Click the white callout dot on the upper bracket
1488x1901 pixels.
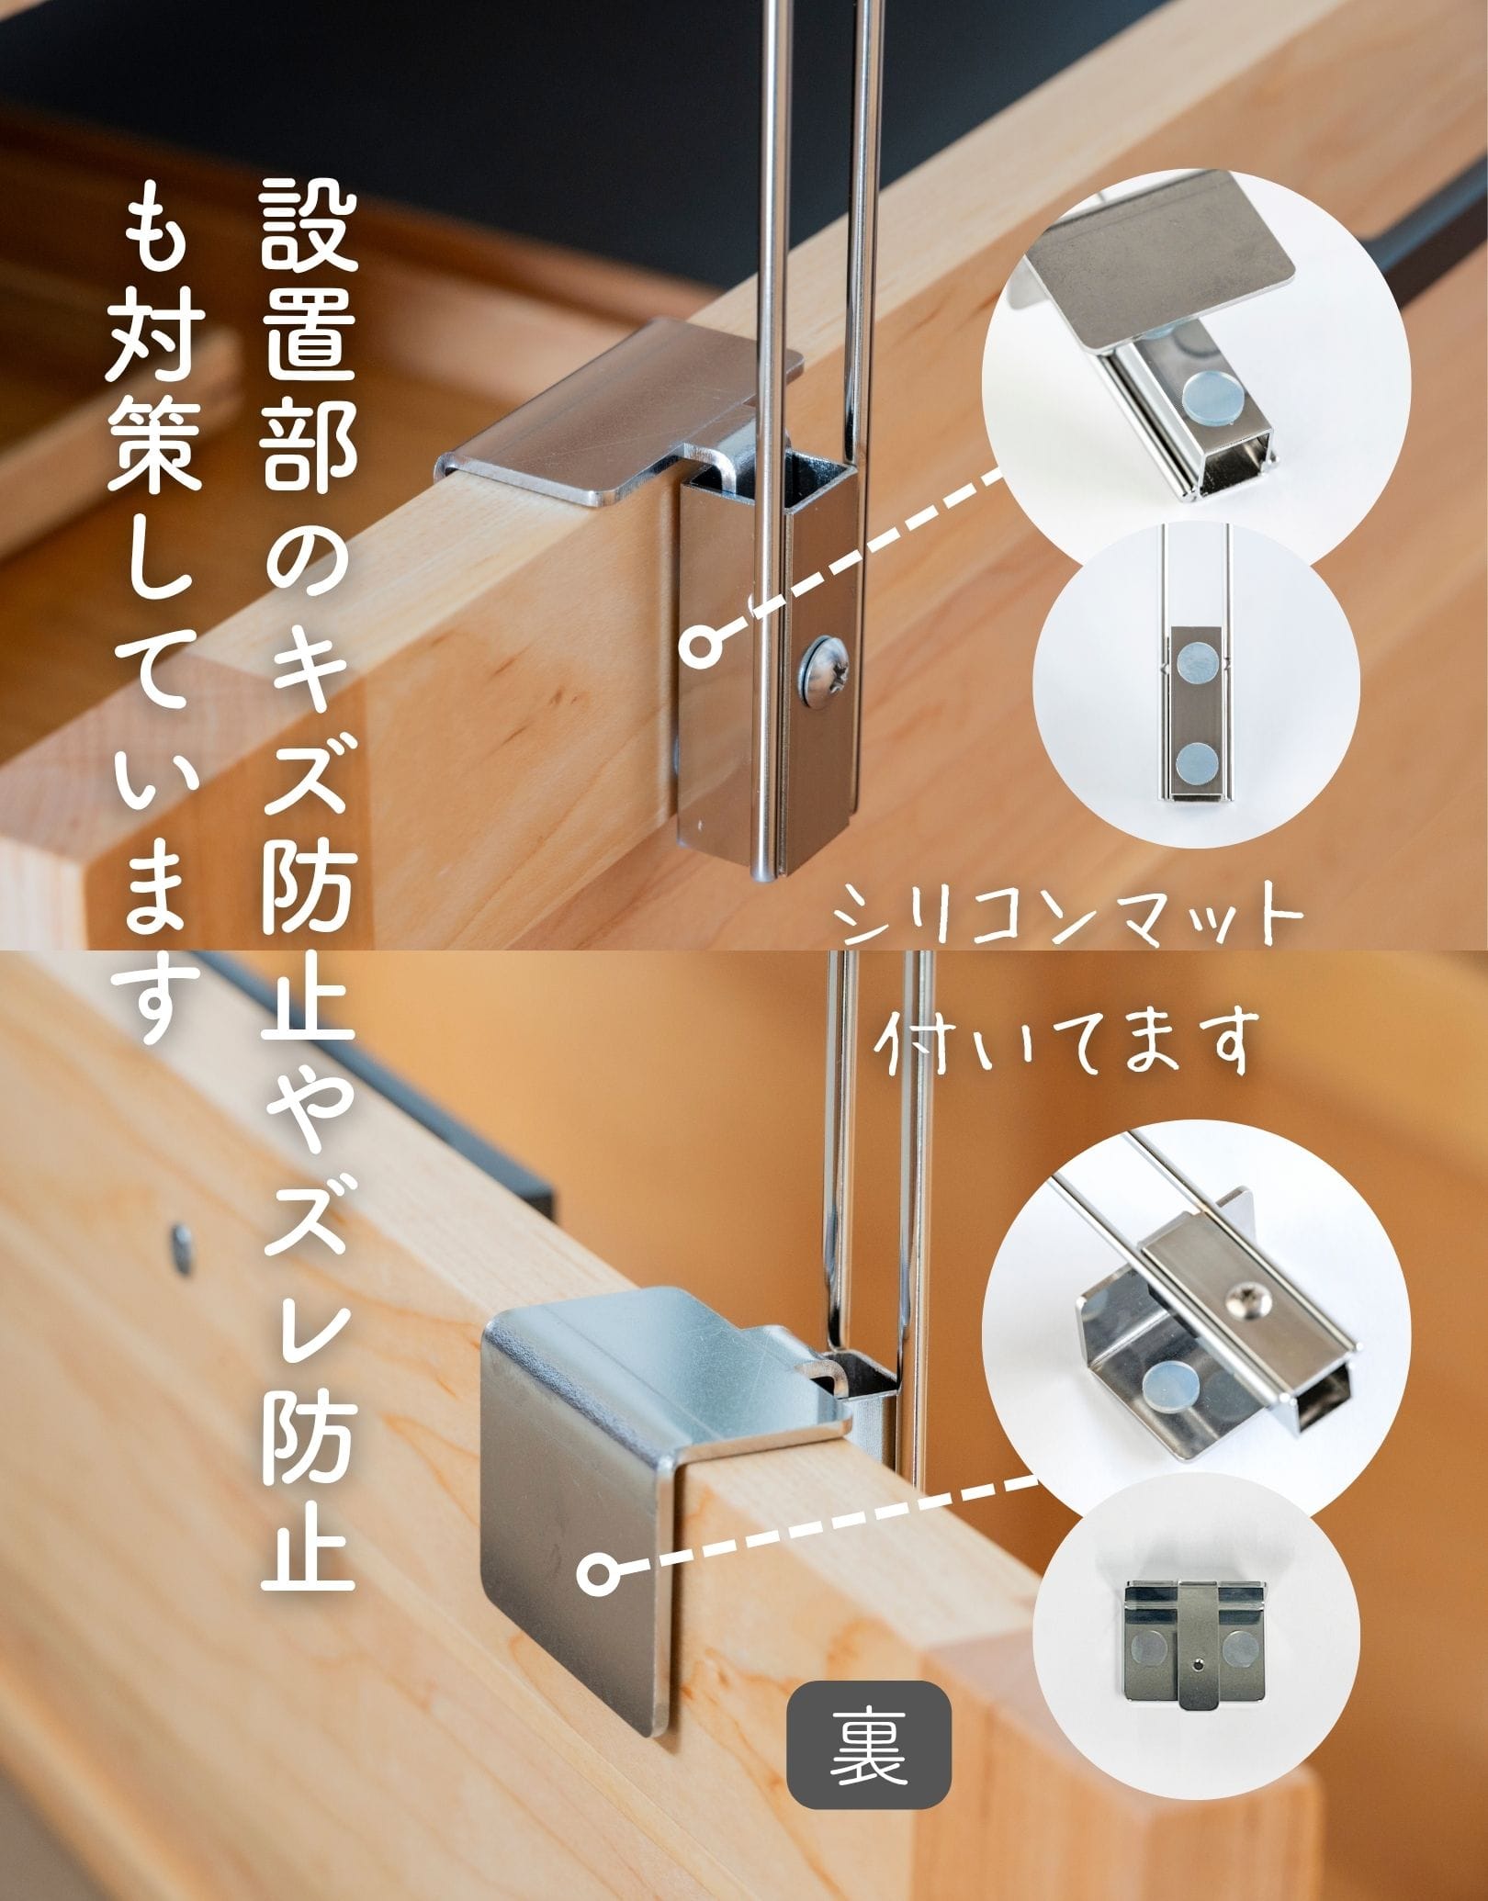point(702,645)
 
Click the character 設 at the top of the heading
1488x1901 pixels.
point(307,227)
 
